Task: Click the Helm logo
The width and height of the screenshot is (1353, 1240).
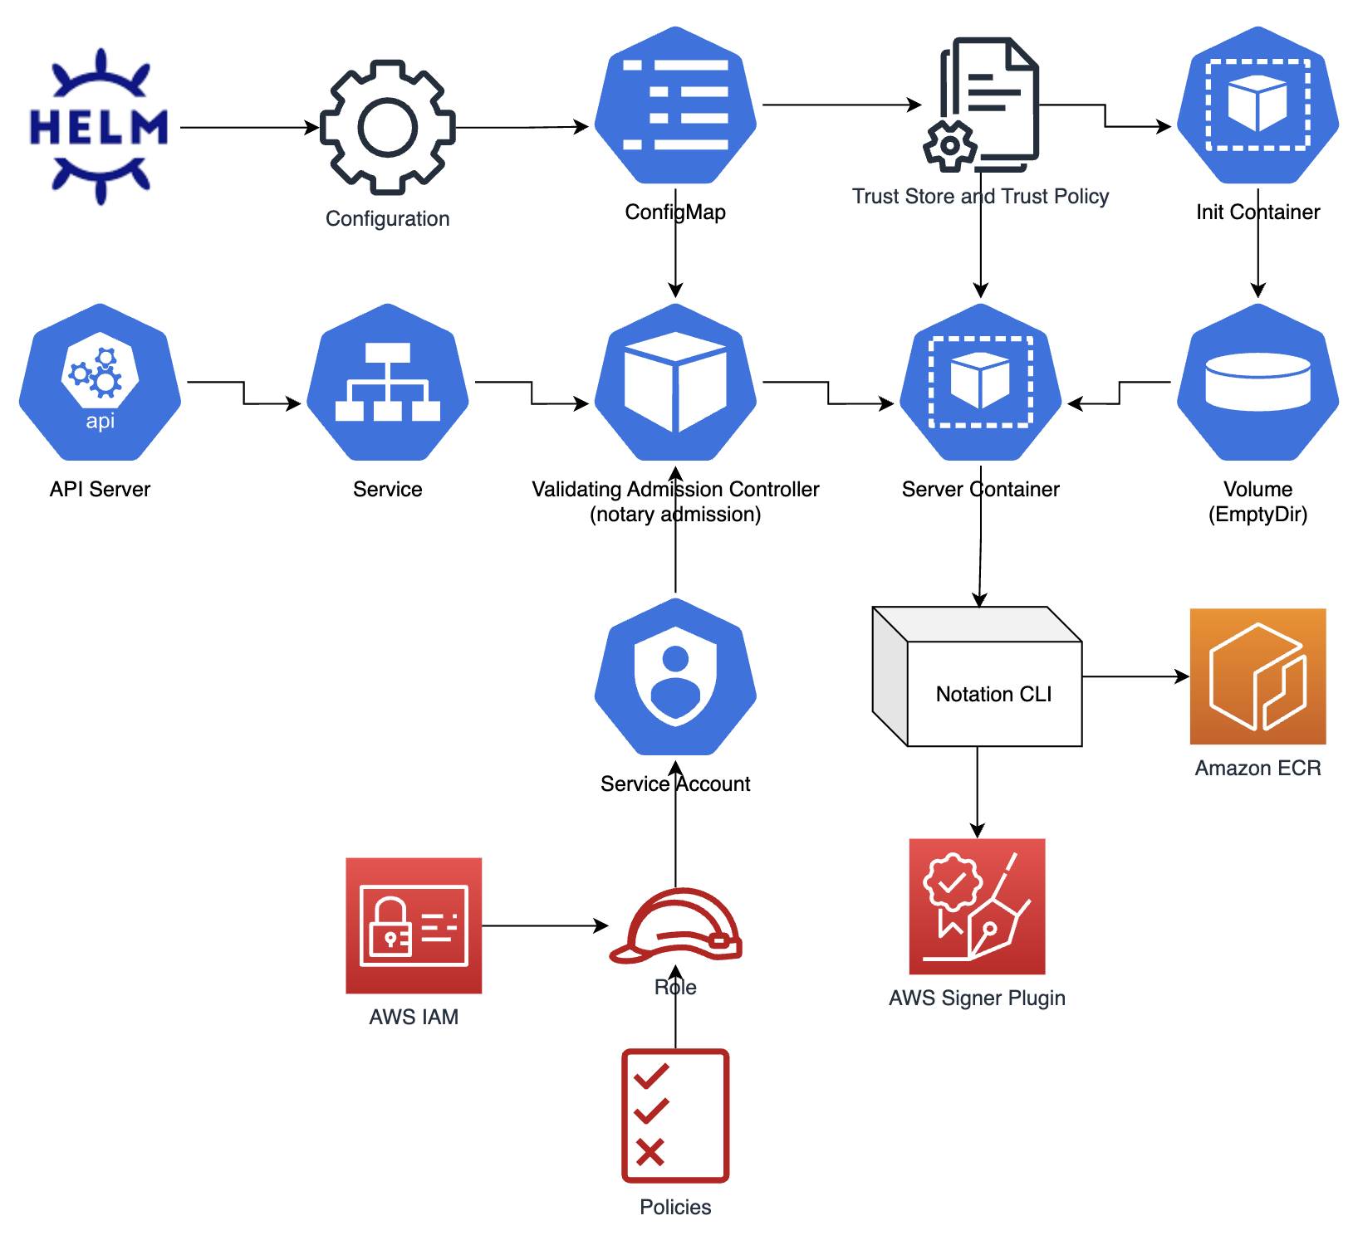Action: click(x=99, y=126)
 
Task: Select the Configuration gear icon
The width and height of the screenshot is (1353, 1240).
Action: click(x=387, y=127)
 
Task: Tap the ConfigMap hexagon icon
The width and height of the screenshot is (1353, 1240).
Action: click(x=675, y=105)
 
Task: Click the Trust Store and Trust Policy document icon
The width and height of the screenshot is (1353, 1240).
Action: click(x=981, y=105)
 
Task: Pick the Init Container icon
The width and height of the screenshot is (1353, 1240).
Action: click(x=1257, y=105)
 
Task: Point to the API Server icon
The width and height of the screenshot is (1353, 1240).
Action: click(x=100, y=382)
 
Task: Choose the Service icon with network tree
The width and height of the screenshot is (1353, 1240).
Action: click(x=387, y=382)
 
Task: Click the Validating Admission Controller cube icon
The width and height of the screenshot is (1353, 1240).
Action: click(x=675, y=382)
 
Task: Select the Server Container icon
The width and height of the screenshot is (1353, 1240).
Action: click(x=981, y=382)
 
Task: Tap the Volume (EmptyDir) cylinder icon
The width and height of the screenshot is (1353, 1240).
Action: click(x=1257, y=382)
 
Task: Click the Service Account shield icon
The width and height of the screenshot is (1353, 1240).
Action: click(x=675, y=676)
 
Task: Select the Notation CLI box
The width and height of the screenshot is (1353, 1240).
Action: click(x=978, y=676)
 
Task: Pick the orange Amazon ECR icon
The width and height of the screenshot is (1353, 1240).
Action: click(x=1257, y=676)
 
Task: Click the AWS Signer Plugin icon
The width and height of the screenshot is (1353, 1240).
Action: click(x=978, y=906)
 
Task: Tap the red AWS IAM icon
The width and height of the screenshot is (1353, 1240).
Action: click(x=414, y=925)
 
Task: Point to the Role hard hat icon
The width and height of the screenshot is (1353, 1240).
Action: click(x=675, y=925)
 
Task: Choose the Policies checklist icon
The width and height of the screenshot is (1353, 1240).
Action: click(x=675, y=1116)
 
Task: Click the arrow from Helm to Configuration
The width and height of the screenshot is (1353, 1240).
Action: click(x=249, y=128)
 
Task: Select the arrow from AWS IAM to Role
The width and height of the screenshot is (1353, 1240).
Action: click(x=545, y=925)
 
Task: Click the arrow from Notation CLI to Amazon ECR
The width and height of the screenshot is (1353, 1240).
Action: click(x=1136, y=676)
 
